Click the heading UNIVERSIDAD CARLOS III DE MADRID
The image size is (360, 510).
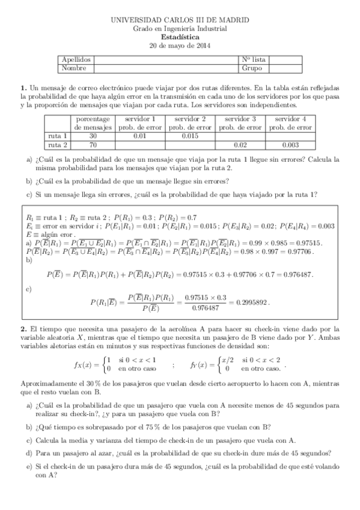(x=180, y=20)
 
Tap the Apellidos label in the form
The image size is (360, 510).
(x=76, y=60)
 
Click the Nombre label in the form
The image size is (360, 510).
(x=74, y=68)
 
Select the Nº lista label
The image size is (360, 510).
(x=254, y=60)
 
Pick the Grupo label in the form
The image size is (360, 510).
(x=251, y=68)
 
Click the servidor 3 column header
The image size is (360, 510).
(x=240, y=119)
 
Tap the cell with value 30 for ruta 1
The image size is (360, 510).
(x=93, y=137)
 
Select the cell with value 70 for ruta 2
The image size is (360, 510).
(x=93, y=145)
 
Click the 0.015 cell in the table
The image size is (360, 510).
(x=189, y=137)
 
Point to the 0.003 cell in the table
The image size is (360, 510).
(x=290, y=145)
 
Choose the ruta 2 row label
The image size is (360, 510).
(x=58, y=145)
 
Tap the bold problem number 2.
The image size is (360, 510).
(x=23, y=329)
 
